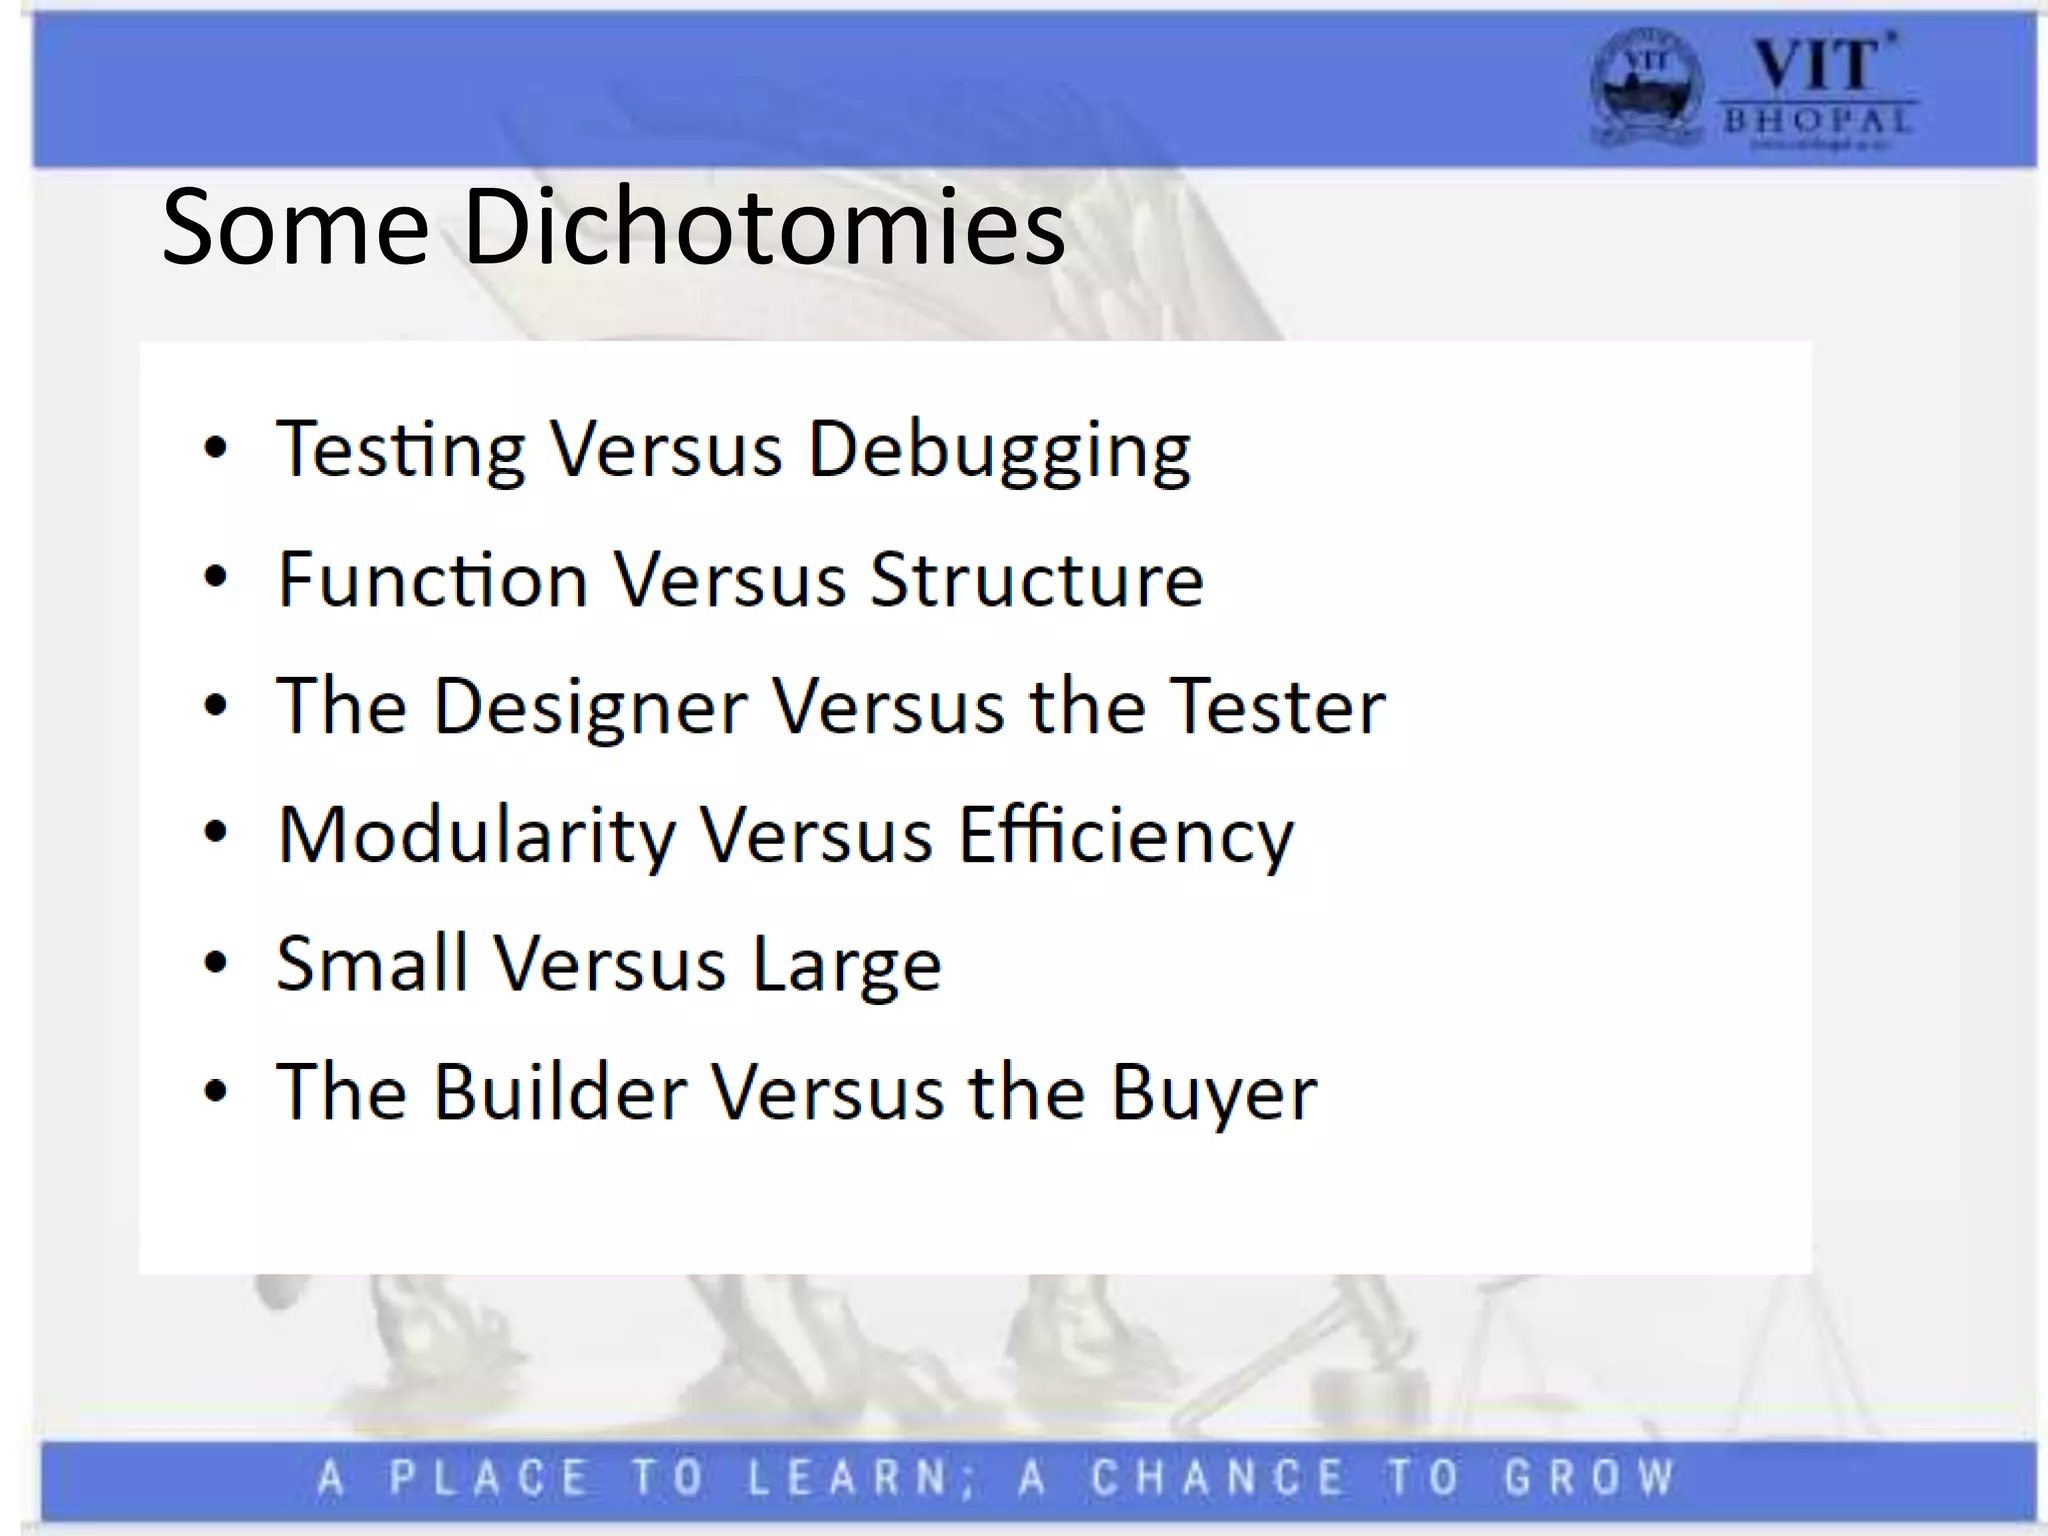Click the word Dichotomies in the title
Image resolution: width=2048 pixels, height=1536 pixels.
pyautogui.click(x=764, y=227)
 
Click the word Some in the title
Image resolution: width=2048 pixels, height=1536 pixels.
pyautogui.click(x=295, y=229)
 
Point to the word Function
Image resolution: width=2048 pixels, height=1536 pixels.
pyautogui.click(x=432, y=580)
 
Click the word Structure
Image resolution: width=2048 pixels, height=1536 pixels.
pyautogui.click(x=1037, y=580)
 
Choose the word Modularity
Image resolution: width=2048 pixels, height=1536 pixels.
pyautogui.click(x=476, y=837)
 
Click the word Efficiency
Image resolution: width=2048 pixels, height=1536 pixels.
pyautogui.click(x=1126, y=837)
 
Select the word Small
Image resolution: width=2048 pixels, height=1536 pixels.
pyautogui.click(x=372, y=964)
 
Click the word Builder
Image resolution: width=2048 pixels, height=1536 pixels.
pyautogui.click(x=560, y=1092)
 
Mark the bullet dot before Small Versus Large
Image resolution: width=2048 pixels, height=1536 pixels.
pyautogui.click(x=215, y=963)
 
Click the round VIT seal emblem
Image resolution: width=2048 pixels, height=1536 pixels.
pyautogui.click(x=1645, y=87)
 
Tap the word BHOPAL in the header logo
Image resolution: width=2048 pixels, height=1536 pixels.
pyautogui.click(x=1817, y=122)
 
